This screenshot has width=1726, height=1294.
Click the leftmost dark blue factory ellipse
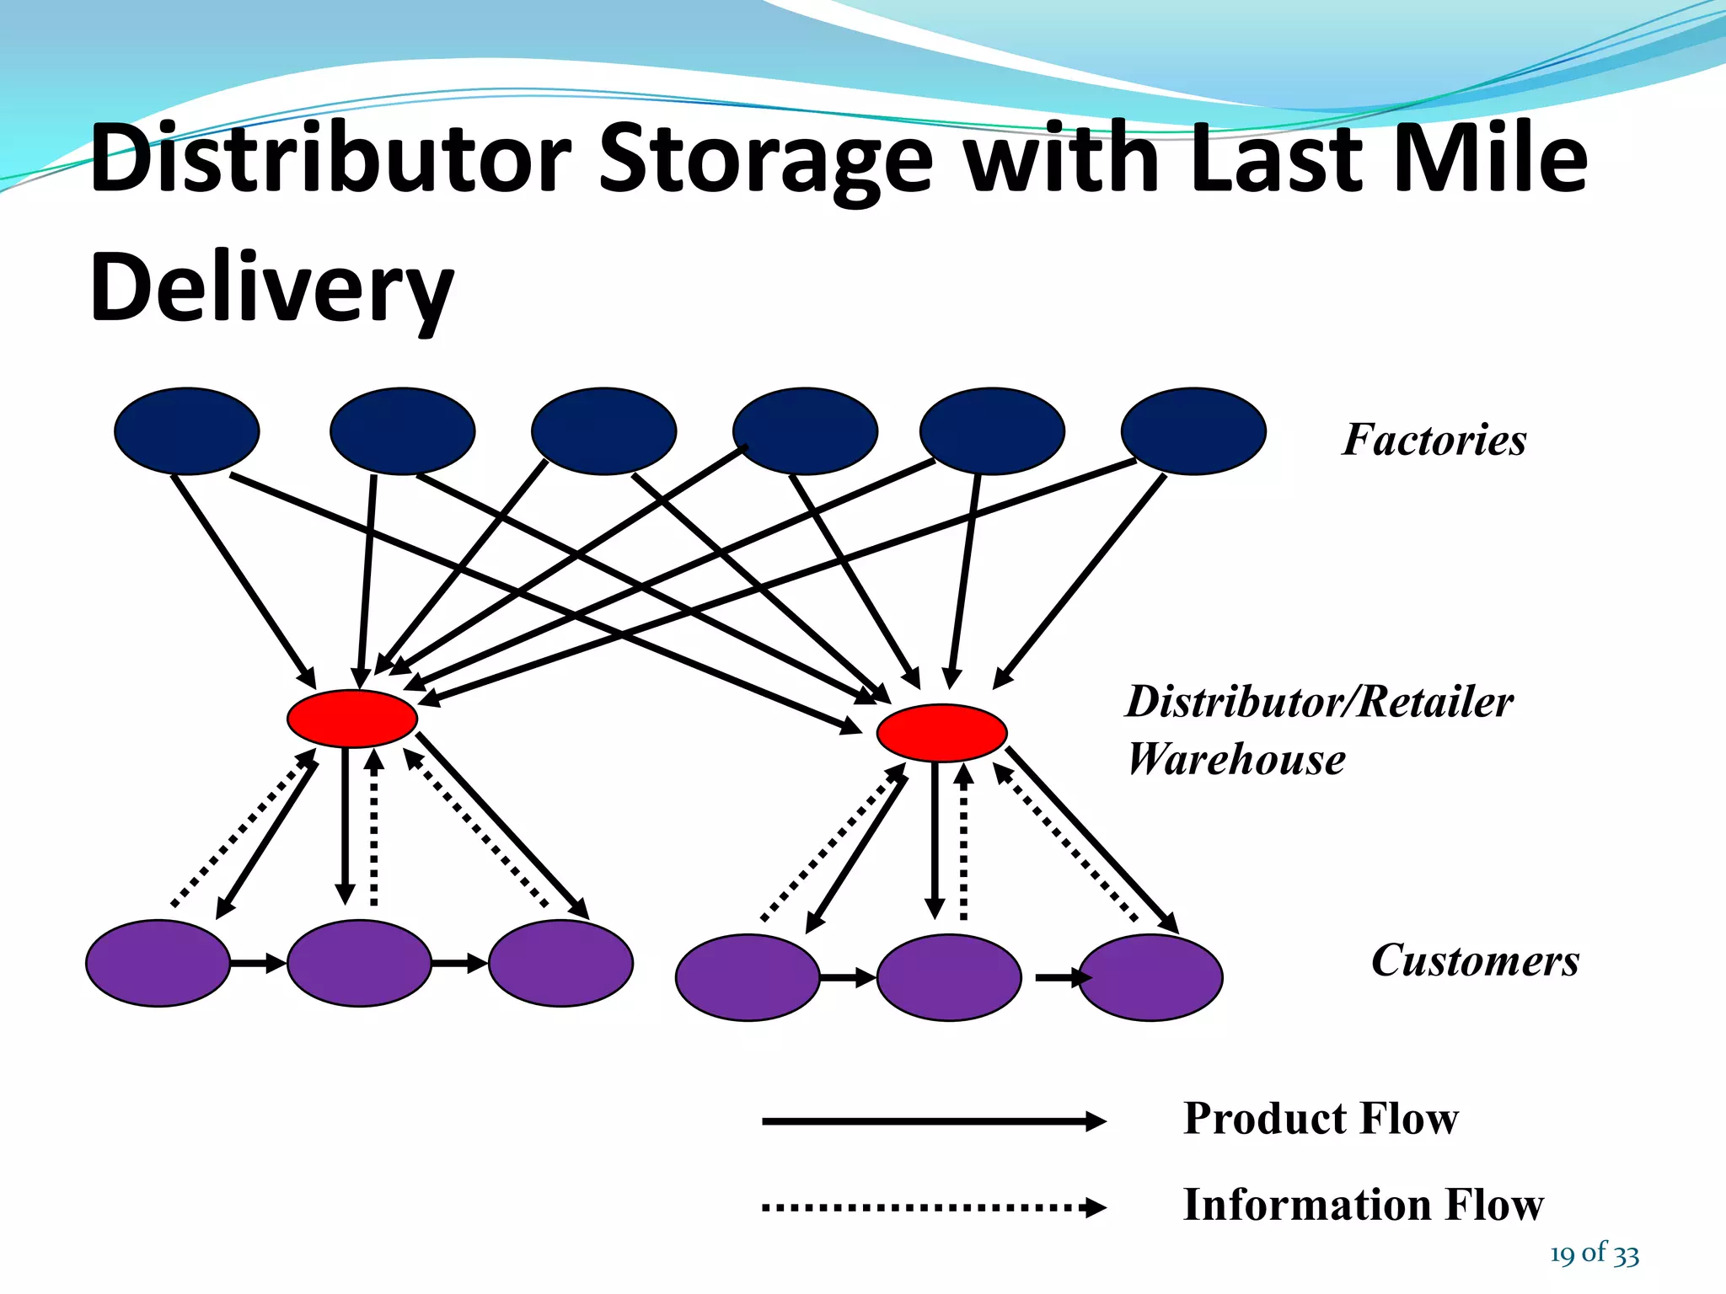(x=186, y=430)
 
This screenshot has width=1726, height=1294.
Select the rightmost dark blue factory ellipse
(x=1193, y=430)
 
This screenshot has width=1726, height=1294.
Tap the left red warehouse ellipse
(x=352, y=719)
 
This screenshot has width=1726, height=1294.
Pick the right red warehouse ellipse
(x=941, y=733)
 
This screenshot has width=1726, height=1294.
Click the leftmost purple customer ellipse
(x=158, y=963)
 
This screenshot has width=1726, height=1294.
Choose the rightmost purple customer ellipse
(x=1151, y=977)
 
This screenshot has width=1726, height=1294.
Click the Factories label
(x=1434, y=440)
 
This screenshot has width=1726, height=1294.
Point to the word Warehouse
(x=1236, y=759)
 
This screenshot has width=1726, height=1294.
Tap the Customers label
(x=1475, y=960)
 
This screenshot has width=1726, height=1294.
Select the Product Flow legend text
(x=1321, y=1119)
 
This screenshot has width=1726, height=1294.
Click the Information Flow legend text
(x=1363, y=1204)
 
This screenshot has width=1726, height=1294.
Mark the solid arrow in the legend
(x=932, y=1121)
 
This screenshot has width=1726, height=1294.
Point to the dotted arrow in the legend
(x=932, y=1207)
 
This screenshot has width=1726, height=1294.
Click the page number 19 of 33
(x=1594, y=1254)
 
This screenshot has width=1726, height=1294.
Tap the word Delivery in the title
(x=271, y=288)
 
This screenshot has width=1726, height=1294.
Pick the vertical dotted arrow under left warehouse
(x=374, y=830)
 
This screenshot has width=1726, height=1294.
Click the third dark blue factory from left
(x=603, y=430)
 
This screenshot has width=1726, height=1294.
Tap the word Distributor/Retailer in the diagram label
(x=1319, y=701)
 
